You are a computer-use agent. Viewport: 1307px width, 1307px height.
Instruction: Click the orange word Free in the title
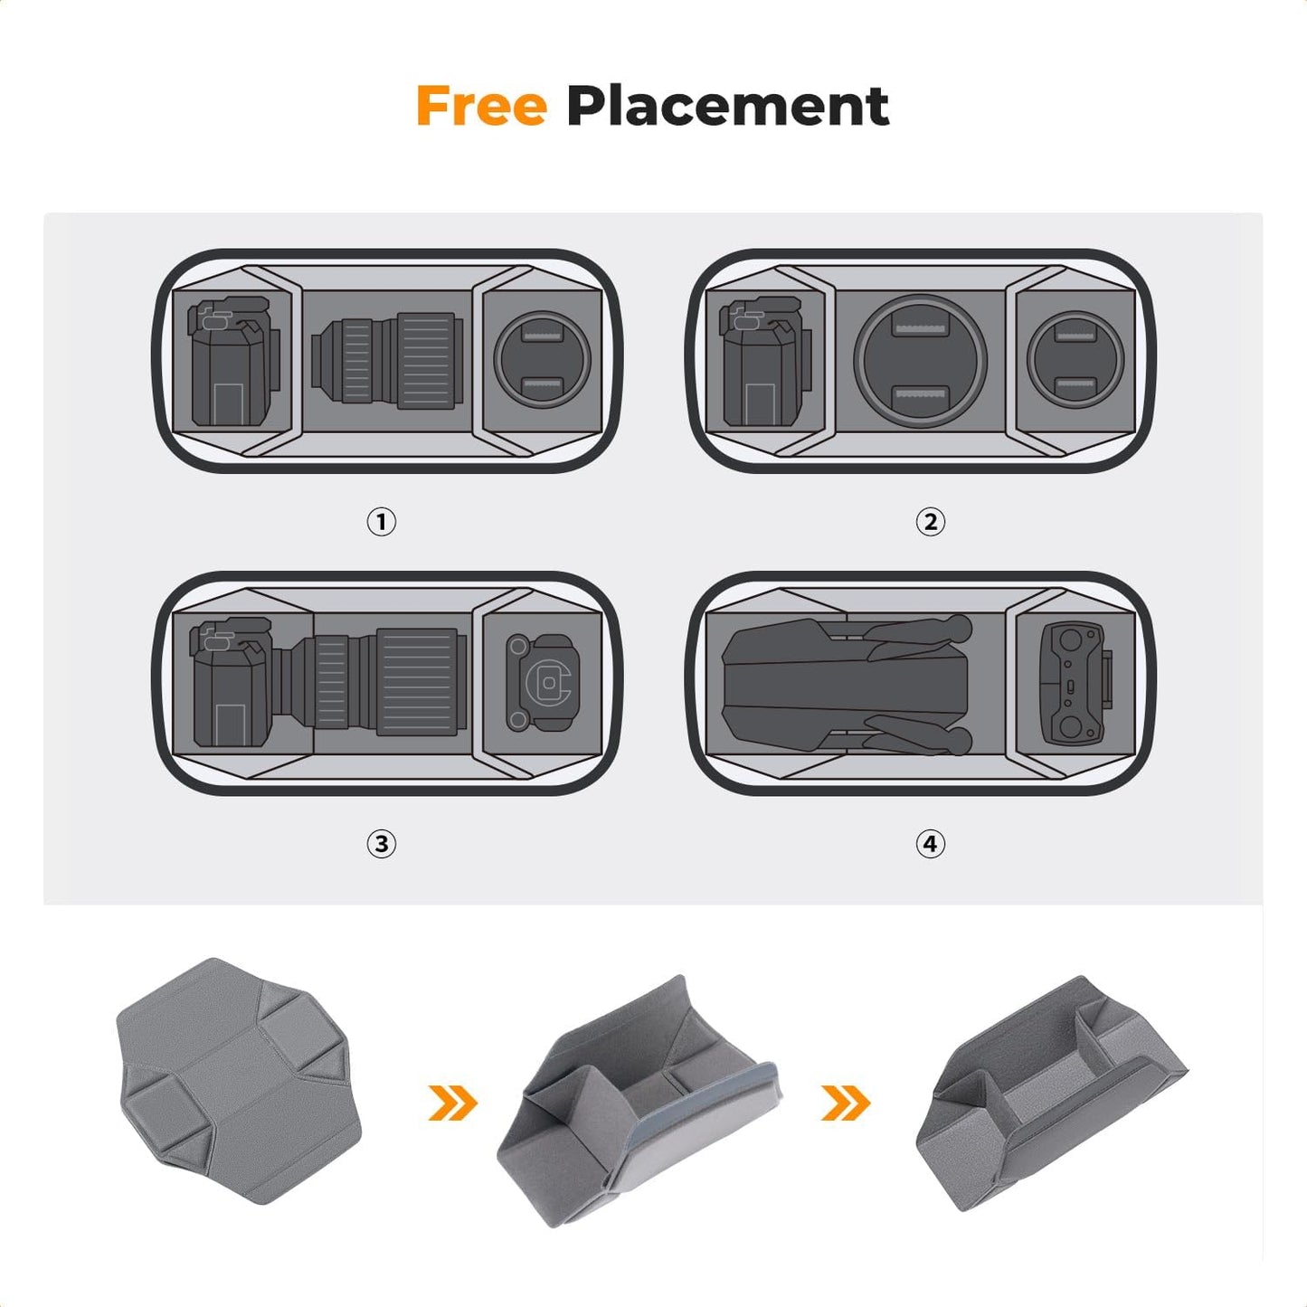pos(481,107)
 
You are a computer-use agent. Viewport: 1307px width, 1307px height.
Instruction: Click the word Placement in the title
pos(727,107)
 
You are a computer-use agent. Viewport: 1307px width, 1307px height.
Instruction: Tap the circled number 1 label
pos(381,522)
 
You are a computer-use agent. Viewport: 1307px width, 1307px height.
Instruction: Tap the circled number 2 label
pos(930,522)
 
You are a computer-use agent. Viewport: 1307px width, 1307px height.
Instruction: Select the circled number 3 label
pos(381,844)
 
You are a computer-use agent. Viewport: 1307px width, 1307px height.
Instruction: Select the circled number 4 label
pos(930,844)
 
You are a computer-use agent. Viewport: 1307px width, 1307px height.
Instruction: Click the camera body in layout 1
pos(232,362)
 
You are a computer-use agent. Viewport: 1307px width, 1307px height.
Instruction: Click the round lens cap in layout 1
pos(543,359)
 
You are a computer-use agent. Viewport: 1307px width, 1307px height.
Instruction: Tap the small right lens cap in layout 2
pos(1075,359)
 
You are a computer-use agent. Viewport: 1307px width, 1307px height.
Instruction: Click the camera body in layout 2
pos(764,362)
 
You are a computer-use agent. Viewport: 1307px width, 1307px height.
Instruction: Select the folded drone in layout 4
pos(846,683)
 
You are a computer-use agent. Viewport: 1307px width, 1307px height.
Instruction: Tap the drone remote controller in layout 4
pos(1075,683)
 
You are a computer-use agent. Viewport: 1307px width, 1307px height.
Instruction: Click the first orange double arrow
pos(452,1103)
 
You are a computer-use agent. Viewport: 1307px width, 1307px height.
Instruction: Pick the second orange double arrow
pos(845,1103)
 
